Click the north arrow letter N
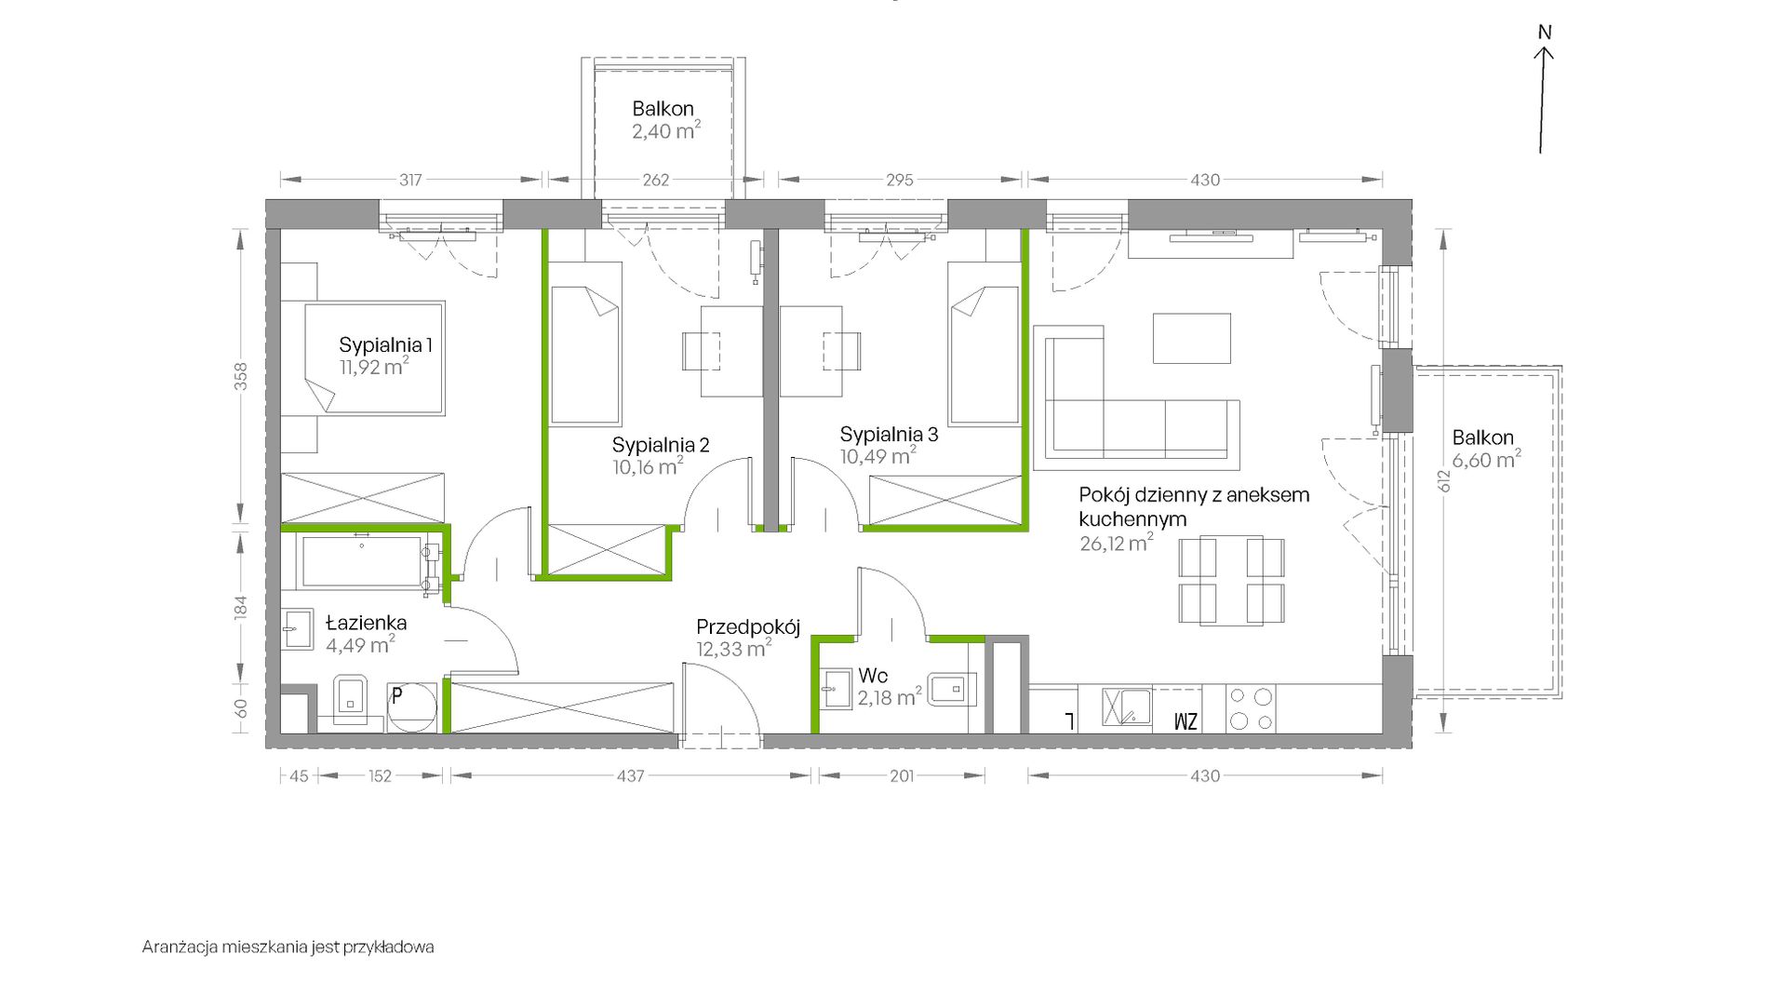tap(1545, 33)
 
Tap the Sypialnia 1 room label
tap(385, 345)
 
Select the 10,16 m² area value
tap(648, 465)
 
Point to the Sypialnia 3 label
tap(889, 434)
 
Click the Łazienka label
tap(366, 622)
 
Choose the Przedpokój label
tap(748, 627)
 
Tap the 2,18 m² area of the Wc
tap(890, 696)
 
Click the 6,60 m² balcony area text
tap(1487, 459)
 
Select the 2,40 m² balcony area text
tap(666, 130)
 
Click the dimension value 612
tap(1443, 480)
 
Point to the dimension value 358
tap(241, 376)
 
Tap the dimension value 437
tap(630, 775)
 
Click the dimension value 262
tap(656, 180)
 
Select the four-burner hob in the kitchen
tap(1251, 709)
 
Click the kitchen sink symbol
tap(1127, 707)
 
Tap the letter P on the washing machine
tap(396, 694)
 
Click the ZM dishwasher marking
tap(1185, 721)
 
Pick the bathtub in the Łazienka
tap(363, 562)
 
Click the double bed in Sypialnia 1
tap(375, 357)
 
